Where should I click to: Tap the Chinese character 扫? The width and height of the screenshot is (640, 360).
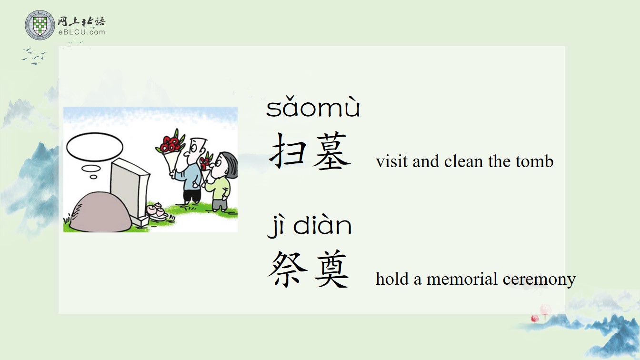(288, 150)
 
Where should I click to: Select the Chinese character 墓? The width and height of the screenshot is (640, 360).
(332, 151)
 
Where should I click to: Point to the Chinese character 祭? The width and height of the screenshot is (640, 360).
(287, 268)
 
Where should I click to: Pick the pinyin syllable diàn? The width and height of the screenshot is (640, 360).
(322, 226)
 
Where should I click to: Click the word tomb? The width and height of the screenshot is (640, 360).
(535, 161)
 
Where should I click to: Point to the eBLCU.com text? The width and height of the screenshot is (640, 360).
(82, 32)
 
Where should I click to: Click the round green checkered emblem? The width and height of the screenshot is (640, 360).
(40, 25)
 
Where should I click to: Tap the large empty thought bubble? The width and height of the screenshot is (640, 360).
(95, 147)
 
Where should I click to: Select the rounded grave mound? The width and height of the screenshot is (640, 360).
(100, 212)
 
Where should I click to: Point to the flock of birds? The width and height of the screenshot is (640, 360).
(35, 56)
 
